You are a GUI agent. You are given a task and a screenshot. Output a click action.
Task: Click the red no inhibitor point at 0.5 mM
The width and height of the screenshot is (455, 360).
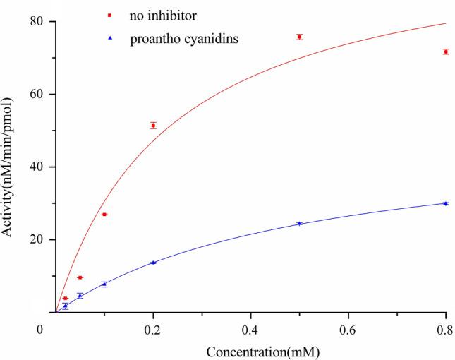299,37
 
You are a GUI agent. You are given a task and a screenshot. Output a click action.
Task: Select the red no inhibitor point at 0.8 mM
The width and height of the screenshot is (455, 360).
446,52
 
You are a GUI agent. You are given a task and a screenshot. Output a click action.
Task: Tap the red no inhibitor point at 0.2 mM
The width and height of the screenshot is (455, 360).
153,126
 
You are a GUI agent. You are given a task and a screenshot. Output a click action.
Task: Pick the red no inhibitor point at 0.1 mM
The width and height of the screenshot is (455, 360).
104,215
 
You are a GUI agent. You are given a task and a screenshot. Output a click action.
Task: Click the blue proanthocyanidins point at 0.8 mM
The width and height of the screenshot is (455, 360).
446,203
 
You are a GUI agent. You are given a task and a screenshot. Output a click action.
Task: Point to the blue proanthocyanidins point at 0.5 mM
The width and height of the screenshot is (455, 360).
299,223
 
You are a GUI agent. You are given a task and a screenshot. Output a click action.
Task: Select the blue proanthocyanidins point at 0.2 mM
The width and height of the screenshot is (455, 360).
153,263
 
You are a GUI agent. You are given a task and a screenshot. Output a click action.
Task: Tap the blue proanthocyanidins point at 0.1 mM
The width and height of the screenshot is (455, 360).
104,284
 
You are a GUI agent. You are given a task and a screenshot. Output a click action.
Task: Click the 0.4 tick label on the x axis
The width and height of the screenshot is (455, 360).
250,330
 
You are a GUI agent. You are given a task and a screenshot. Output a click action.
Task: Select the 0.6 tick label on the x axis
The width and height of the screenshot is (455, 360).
348,330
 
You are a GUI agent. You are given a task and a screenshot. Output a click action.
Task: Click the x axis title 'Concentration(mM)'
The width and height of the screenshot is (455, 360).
250,351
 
